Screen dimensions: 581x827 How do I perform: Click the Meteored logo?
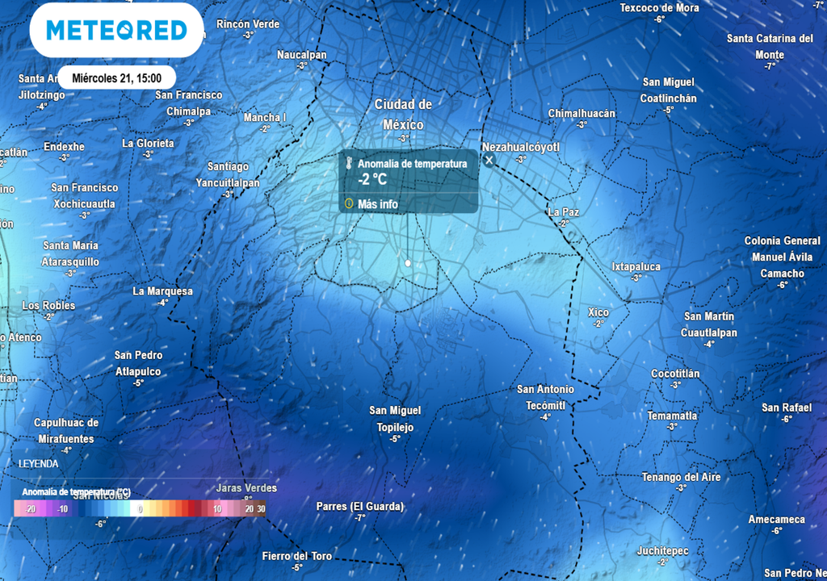pyautogui.click(x=116, y=30)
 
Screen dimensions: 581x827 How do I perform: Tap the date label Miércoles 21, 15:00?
pyautogui.click(x=116, y=78)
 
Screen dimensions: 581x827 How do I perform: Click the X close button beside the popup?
pyautogui.click(x=489, y=161)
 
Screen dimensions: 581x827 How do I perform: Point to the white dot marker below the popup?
pyautogui.click(x=408, y=263)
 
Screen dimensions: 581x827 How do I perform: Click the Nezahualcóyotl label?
pyautogui.click(x=520, y=147)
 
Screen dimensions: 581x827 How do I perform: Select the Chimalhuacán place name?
pyautogui.click(x=581, y=114)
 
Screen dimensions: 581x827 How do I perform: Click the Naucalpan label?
pyautogui.click(x=302, y=55)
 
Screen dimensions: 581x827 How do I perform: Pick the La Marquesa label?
pyautogui.click(x=163, y=291)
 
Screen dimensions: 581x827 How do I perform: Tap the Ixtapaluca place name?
pyautogui.click(x=636, y=266)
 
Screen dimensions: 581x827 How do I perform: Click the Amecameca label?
pyautogui.click(x=776, y=519)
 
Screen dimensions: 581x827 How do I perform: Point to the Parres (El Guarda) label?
pyautogui.click(x=359, y=507)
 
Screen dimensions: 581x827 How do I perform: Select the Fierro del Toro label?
pyautogui.click(x=297, y=556)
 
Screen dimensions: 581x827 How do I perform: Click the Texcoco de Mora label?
pyautogui.click(x=659, y=8)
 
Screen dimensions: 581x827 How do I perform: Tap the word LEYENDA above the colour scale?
pyautogui.click(x=39, y=464)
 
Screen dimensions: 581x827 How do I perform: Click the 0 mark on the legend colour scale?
pyautogui.click(x=141, y=509)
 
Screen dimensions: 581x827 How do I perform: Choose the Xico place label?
pyautogui.click(x=598, y=312)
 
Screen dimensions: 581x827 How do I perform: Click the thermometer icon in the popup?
pyautogui.click(x=348, y=164)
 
